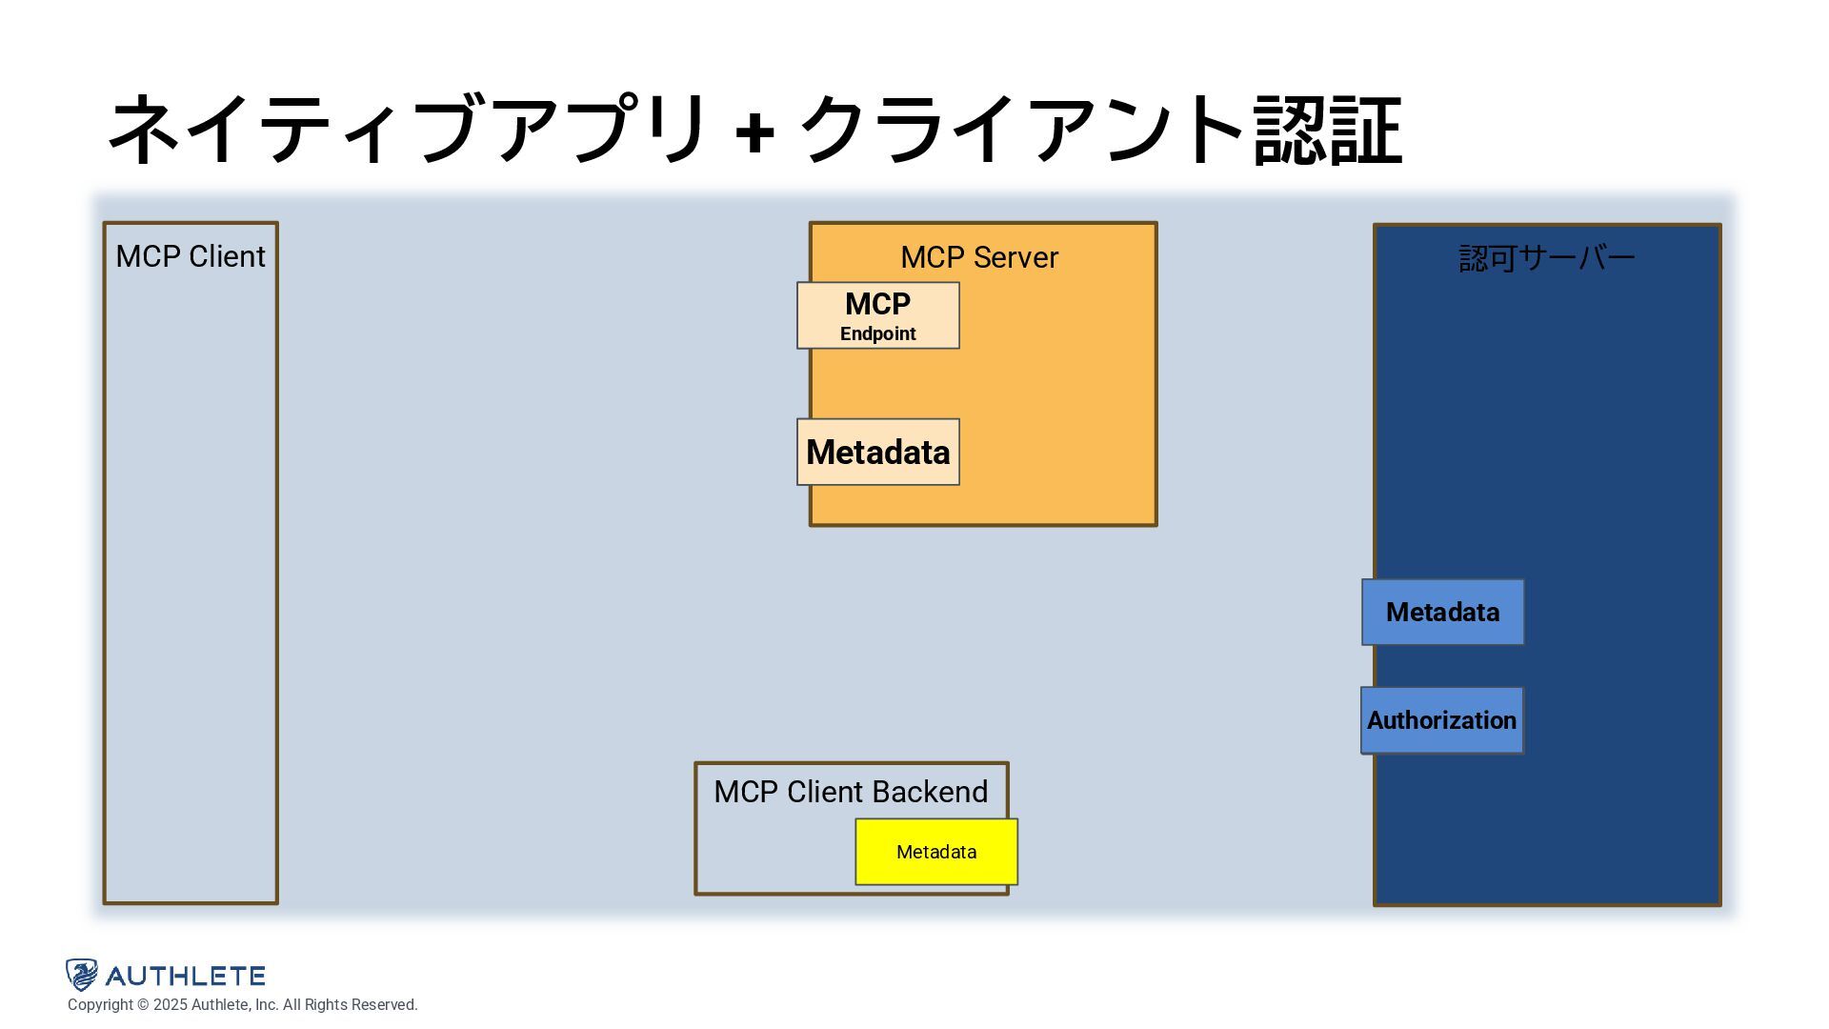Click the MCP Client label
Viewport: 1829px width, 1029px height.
coord(191,256)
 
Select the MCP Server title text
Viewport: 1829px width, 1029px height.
coord(979,257)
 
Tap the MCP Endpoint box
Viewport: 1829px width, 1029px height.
coord(877,315)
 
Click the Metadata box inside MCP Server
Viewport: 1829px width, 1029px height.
coord(877,453)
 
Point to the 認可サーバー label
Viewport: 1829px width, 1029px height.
coord(1546,258)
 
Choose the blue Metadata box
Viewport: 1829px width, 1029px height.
coord(1442,613)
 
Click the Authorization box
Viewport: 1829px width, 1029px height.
coord(1441,720)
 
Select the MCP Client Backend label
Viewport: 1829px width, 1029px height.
coord(850,792)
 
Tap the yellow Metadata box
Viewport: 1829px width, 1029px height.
coord(936,852)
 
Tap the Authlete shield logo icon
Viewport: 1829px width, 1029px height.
coord(82,975)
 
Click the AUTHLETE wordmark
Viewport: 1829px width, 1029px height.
coord(185,976)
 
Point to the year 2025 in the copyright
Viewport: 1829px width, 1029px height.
coord(171,1005)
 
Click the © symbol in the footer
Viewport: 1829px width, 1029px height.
coord(143,1005)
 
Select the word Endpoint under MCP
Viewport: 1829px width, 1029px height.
coord(877,334)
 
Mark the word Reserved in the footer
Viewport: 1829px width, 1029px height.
coord(384,1005)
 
